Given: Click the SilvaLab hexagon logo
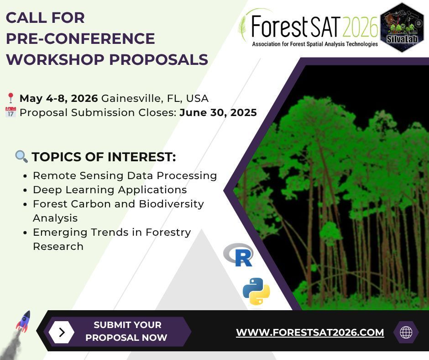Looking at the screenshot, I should click(x=402, y=27).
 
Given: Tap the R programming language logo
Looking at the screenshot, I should click(x=238, y=255).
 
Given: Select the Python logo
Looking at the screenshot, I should click(x=256, y=291).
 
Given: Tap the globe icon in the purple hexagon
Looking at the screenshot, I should click(x=406, y=332).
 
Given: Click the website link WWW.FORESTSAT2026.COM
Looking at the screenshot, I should click(x=310, y=333).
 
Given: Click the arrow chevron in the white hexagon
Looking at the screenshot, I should click(x=62, y=332).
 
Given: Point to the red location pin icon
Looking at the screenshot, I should click(x=10, y=98).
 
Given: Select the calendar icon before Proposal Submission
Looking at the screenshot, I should click(x=10, y=112).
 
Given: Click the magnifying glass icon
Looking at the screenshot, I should click(x=21, y=157).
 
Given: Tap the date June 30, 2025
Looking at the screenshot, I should click(x=218, y=112).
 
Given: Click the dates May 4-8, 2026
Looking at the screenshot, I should click(x=58, y=98).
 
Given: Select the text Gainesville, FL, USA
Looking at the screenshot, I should click(x=155, y=98).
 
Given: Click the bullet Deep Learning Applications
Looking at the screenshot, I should click(x=110, y=190).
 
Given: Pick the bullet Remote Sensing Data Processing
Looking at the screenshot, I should click(x=125, y=175).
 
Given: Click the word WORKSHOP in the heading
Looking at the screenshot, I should click(x=57, y=60).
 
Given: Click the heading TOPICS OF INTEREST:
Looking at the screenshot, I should click(x=104, y=157).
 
